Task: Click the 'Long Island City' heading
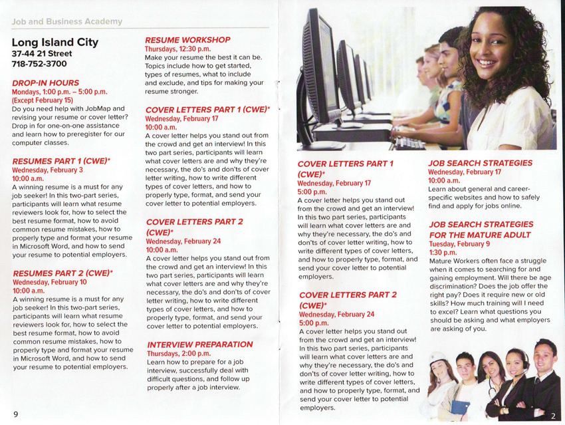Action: (x=55, y=43)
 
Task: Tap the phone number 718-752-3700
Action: (x=39, y=64)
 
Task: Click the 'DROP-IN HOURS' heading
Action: (x=45, y=83)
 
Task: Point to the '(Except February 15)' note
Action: (x=43, y=100)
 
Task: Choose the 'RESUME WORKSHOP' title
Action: (x=187, y=40)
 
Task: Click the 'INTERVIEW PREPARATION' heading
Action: (x=199, y=345)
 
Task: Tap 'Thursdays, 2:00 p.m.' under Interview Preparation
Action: (x=178, y=354)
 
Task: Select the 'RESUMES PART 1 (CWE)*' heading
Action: (x=61, y=161)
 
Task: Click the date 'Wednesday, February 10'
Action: (x=49, y=282)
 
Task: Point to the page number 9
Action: (x=15, y=414)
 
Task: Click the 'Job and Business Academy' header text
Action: (x=67, y=22)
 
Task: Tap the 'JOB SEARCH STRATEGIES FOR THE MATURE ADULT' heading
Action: (x=480, y=229)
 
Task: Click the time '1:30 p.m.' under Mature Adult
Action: (x=443, y=253)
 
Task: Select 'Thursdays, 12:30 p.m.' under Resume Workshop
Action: (x=177, y=49)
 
